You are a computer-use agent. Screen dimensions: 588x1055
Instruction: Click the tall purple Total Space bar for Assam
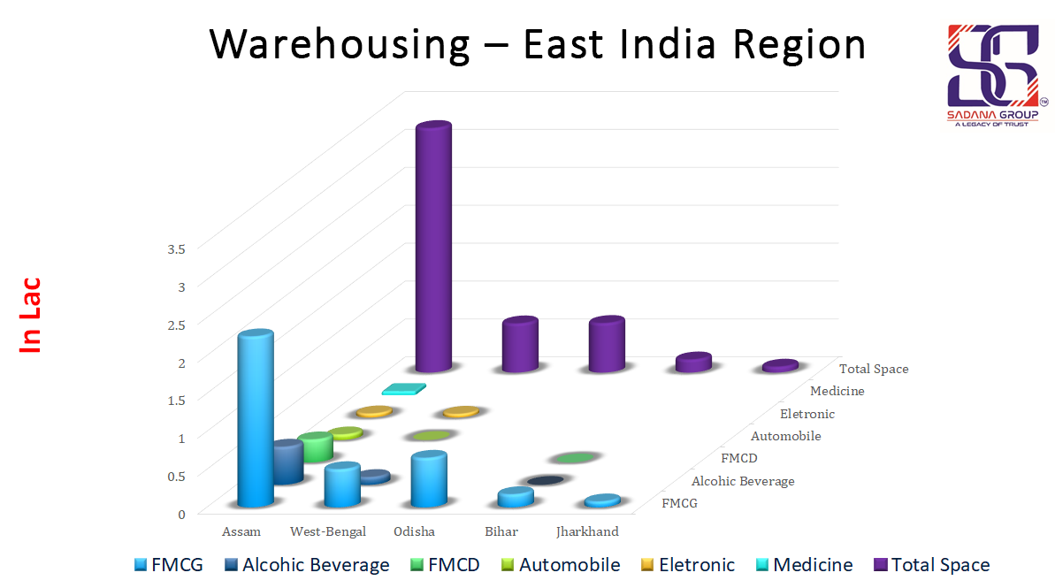[x=433, y=248]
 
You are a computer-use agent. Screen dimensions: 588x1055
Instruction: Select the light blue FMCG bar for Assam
[x=255, y=420]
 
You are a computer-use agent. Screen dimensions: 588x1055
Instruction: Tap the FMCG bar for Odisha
[x=429, y=480]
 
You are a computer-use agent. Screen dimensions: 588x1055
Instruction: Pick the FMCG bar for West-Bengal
[x=342, y=485]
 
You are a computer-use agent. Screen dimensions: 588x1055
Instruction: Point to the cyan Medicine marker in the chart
[x=404, y=388]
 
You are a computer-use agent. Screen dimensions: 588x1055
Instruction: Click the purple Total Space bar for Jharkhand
[x=780, y=365]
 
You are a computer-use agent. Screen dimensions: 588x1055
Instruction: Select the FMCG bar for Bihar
[x=516, y=497]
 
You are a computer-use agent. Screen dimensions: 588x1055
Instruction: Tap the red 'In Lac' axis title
[x=31, y=316]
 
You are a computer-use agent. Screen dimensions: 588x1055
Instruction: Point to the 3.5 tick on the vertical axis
[x=176, y=248]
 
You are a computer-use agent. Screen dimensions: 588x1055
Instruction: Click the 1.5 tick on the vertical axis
[x=176, y=400]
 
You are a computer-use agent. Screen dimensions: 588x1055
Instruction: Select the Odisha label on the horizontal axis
[x=415, y=532]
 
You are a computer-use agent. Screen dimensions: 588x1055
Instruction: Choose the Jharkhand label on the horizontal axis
[x=587, y=532]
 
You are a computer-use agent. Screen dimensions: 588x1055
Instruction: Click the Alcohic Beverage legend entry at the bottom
[x=307, y=565]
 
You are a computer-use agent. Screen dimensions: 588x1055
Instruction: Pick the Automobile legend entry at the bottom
[x=561, y=565]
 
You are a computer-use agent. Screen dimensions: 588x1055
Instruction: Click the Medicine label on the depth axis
[x=837, y=391]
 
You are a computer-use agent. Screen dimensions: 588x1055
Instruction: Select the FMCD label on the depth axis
[x=738, y=458]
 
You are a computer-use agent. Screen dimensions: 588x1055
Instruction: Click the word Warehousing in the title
[x=340, y=44]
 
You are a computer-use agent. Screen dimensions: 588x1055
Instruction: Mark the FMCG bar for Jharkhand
[x=602, y=501]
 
